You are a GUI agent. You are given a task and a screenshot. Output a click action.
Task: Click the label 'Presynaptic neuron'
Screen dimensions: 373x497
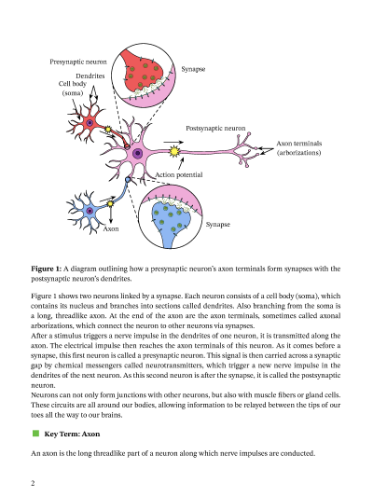78,62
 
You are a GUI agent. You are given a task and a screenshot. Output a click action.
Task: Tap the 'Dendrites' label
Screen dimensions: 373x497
90,75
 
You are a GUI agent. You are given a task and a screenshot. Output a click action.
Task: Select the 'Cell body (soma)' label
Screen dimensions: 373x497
73,89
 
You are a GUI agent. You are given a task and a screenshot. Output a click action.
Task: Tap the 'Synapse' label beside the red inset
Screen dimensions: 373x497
193,69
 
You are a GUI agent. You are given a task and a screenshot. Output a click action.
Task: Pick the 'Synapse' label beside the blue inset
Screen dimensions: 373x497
217,225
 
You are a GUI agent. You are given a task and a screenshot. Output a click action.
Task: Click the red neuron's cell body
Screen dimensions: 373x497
90,122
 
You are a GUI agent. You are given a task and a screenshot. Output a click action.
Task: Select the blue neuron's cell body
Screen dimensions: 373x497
90,211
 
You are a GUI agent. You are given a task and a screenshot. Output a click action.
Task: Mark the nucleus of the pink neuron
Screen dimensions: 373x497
138,153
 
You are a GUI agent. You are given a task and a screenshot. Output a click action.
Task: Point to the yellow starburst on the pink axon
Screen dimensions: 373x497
174,149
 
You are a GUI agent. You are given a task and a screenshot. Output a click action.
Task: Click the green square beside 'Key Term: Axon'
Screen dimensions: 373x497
35,434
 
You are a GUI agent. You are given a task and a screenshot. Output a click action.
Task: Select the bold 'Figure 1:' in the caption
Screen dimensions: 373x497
47,269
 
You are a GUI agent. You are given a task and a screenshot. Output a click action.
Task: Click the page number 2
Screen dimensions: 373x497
33,483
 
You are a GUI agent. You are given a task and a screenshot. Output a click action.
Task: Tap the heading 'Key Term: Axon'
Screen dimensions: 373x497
72,434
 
